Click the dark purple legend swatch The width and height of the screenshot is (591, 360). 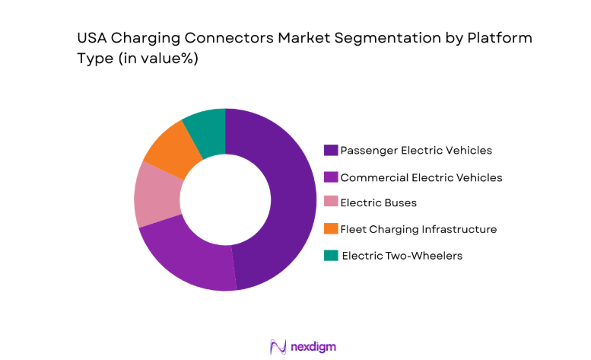point(331,150)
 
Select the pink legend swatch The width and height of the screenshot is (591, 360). point(331,203)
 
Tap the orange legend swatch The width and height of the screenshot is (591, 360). point(331,229)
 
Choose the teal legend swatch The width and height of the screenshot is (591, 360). point(331,256)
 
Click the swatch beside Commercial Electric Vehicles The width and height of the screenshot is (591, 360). point(331,177)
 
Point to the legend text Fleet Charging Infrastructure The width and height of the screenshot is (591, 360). point(418,229)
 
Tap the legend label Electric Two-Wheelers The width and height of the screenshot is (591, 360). point(402,256)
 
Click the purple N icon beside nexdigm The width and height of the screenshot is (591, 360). point(278,346)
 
